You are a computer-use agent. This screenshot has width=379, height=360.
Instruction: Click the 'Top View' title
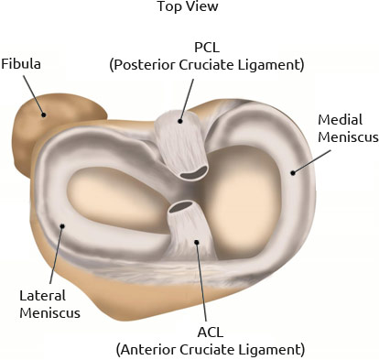point(188,6)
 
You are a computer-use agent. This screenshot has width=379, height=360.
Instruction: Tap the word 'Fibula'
point(21,64)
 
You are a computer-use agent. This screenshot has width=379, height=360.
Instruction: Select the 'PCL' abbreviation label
point(207,48)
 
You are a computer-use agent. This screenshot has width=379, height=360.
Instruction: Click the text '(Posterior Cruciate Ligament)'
point(207,65)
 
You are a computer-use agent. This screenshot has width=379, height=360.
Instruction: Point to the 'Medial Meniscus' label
point(348,128)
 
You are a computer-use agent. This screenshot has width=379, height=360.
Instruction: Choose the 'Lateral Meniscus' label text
point(49,304)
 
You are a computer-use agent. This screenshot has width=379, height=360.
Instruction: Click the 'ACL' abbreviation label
point(211,333)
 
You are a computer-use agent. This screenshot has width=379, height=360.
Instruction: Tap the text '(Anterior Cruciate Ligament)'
point(211,350)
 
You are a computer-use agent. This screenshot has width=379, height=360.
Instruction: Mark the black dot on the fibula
point(44,115)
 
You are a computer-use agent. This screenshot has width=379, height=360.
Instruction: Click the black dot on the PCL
point(180,121)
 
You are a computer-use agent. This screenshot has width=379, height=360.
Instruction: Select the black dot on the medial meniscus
point(293,173)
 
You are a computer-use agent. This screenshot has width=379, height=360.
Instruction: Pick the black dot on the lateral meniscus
point(62,226)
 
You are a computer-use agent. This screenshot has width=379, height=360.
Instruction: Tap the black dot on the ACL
point(197,242)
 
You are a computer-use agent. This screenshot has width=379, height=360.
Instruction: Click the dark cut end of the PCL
point(193,173)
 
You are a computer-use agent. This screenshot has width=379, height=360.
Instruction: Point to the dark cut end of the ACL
point(181,207)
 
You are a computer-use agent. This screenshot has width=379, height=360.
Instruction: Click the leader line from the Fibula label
point(34,95)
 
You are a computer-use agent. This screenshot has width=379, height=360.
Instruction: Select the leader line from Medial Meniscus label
point(312,161)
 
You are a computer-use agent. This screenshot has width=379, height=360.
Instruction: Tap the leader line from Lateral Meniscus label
point(56,255)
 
